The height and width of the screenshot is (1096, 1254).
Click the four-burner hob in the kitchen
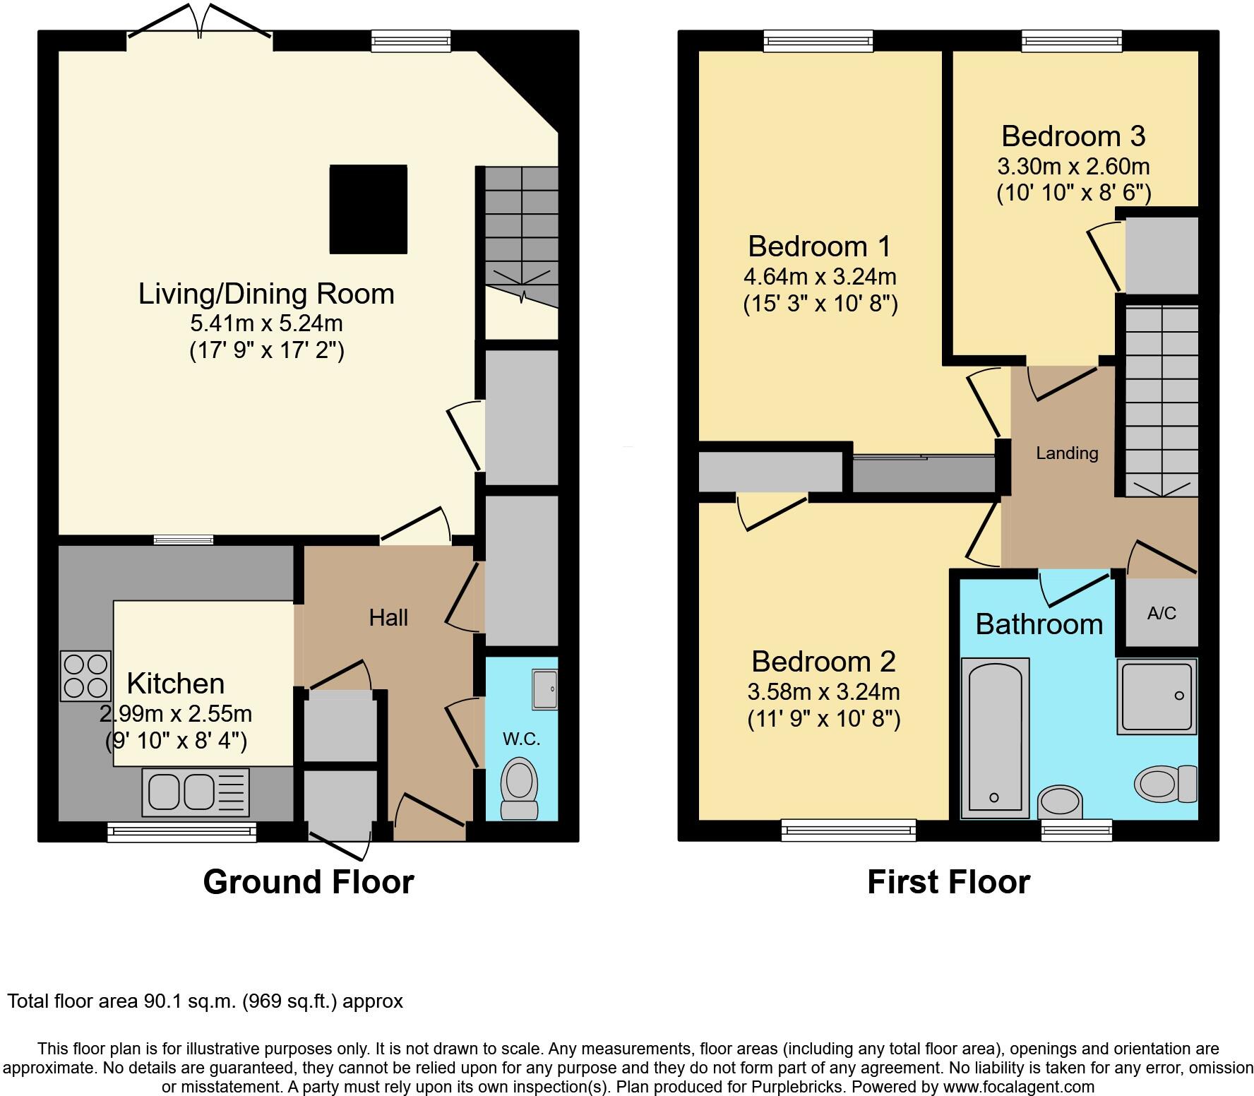coord(85,676)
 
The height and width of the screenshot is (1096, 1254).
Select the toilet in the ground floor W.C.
coord(520,789)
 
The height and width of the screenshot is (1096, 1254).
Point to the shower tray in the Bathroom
coord(1157,697)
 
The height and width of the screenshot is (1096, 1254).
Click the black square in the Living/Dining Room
coord(369,209)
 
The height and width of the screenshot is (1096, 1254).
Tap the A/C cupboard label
coord(1162,613)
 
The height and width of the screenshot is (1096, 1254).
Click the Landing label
coord(1067,453)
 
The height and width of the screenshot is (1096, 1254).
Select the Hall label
coord(388,618)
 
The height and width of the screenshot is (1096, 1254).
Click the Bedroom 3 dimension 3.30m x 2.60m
coord(1073,167)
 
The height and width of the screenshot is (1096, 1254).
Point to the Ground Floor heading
coord(308,882)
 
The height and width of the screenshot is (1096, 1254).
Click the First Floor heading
coord(948,882)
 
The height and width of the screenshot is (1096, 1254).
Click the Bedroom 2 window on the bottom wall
coord(848,830)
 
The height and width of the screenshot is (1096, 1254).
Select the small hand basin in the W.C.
coord(545,689)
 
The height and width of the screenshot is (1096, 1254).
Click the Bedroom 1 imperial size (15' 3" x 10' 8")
coord(820,304)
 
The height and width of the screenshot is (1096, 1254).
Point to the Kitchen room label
coord(176,684)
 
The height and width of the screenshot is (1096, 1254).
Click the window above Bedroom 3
coord(1072,42)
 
